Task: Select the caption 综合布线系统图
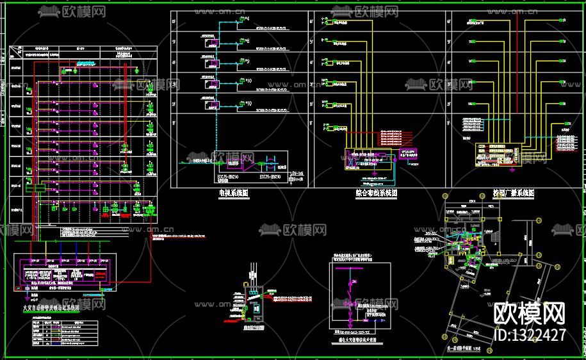point(376,192)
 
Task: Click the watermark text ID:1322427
point(531,335)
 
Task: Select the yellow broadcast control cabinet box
point(498,154)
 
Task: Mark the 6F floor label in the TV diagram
point(174,21)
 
